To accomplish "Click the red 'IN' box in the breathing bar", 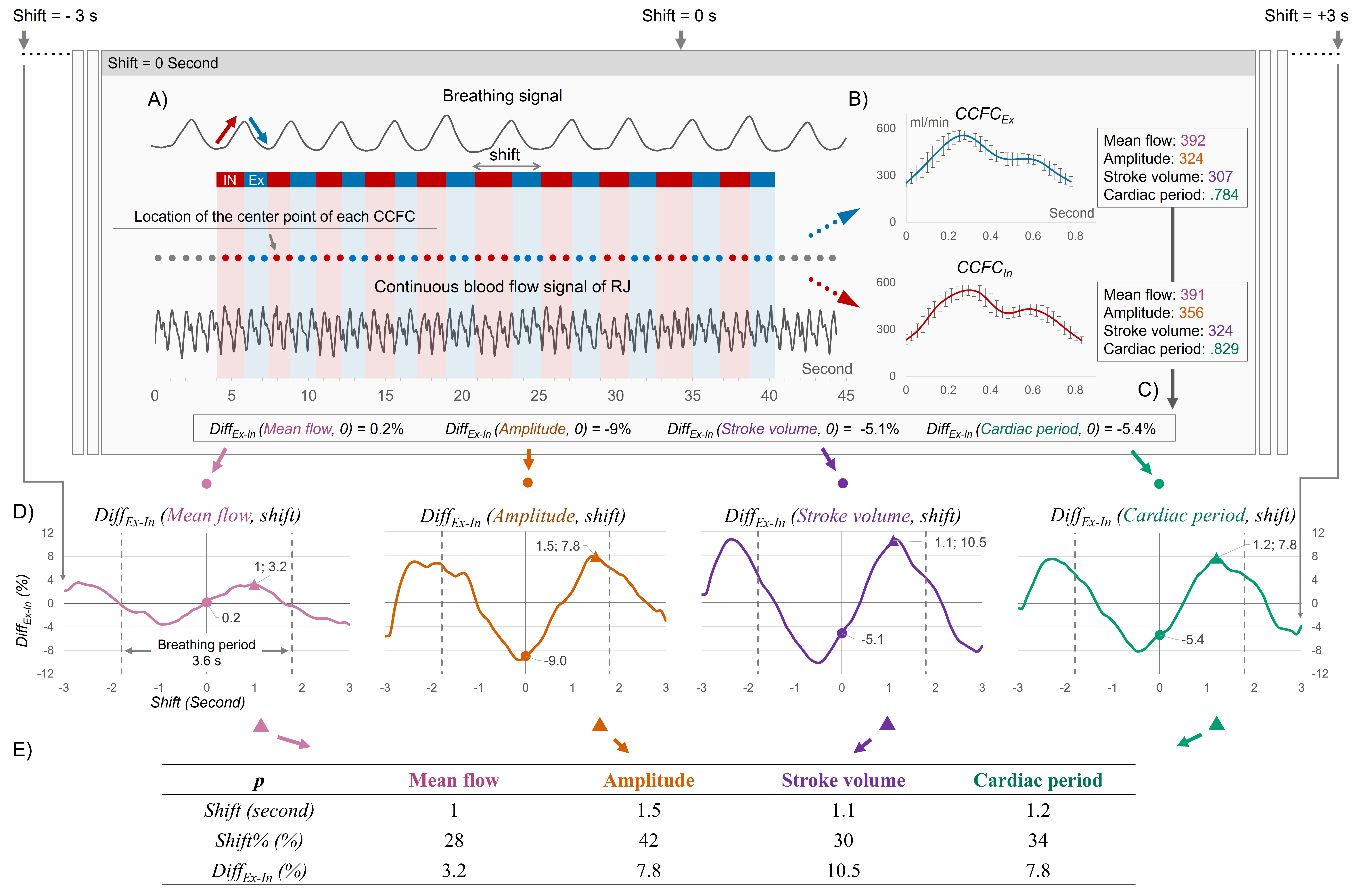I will [x=230, y=180].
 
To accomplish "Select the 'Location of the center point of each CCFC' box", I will [x=275, y=216].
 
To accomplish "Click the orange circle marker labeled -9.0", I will [x=525, y=656].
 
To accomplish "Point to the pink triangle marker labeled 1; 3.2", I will [x=254, y=584].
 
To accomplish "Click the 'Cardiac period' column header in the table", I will [x=1038, y=780].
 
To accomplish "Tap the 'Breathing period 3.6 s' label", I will [x=206, y=652].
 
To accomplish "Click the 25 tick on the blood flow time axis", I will [x=538, y=395].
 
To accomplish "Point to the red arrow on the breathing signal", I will [x=226, y=130].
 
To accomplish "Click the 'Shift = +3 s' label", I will [x=1306, y=16].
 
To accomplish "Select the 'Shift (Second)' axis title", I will [x=198, y=702].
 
